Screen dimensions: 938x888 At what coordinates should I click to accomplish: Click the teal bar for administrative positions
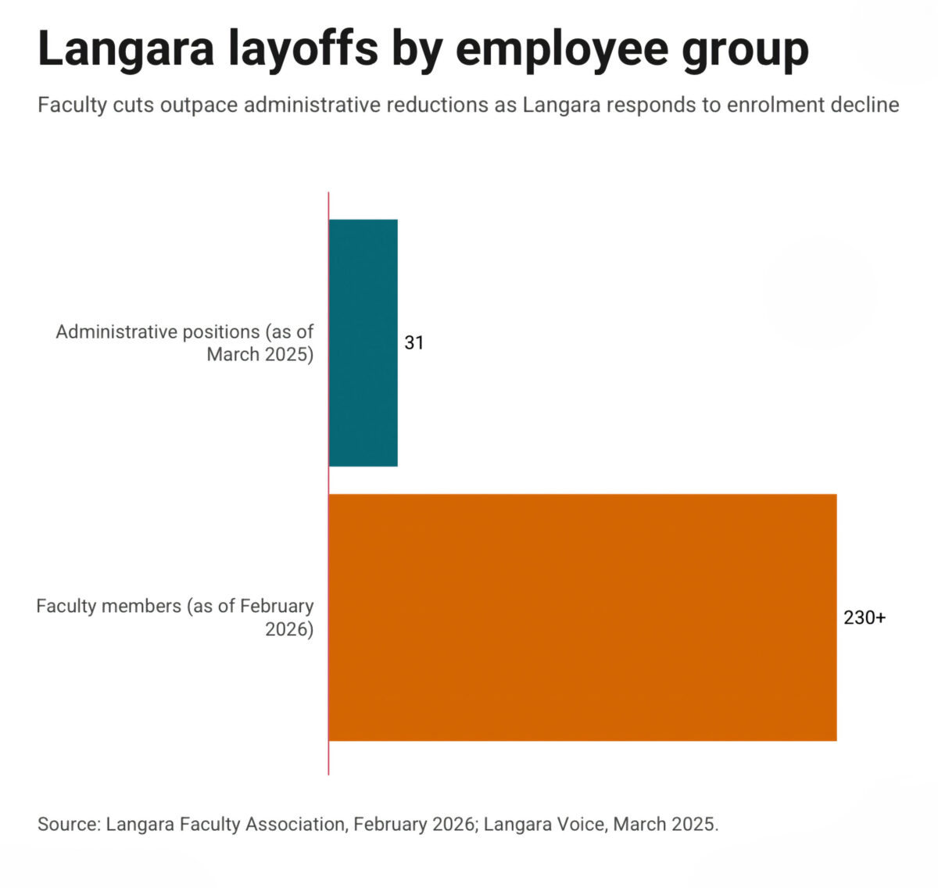point(363,342)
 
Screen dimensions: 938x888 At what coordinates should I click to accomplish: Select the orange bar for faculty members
point(582,618)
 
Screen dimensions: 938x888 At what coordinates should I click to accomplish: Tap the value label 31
point(414,342)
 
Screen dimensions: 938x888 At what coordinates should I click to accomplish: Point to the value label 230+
point(865,618)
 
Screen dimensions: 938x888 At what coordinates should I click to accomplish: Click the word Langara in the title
point(126,49)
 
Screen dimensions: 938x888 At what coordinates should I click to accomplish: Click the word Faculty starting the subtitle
point(72,105)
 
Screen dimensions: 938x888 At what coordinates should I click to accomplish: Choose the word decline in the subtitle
point(865,105)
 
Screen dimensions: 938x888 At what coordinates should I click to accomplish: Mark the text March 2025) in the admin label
point(260,355)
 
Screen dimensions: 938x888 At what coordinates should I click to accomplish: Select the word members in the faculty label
point(141,606)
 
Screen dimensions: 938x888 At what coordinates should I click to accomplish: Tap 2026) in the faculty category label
point(289,629)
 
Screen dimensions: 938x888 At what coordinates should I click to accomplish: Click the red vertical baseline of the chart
point(329,483)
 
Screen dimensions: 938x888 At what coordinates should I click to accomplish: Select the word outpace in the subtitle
point(199,106)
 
